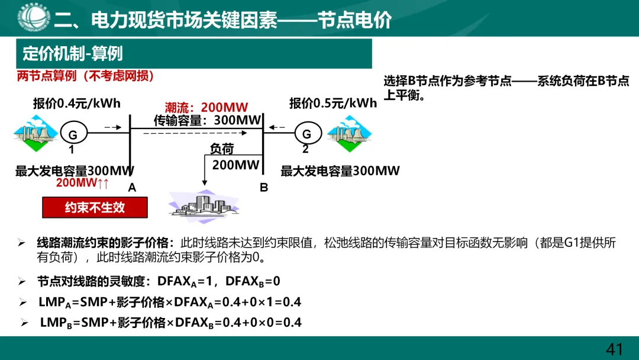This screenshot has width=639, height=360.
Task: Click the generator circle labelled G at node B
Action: coord(306,134)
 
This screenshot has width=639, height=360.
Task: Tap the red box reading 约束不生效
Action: coord(95,208)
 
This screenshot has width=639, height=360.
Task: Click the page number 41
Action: coord(615,349)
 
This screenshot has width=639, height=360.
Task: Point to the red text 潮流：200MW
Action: coord(206,108)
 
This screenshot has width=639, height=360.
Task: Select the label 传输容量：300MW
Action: coord(207,120)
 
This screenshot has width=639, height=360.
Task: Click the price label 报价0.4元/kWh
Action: coord(77,104)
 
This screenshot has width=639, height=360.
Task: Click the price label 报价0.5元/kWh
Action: coord(333,104)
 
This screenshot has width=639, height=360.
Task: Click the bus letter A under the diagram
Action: coord(132,188)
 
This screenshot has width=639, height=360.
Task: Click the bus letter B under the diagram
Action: coord(264,188)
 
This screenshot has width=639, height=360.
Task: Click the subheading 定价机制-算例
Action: coord(73,54)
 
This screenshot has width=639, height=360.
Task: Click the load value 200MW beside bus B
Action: coord(235,165)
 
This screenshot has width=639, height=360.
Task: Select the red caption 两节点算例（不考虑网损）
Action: coord(85,76)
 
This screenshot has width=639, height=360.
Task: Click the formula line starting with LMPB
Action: coord(170,323)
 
